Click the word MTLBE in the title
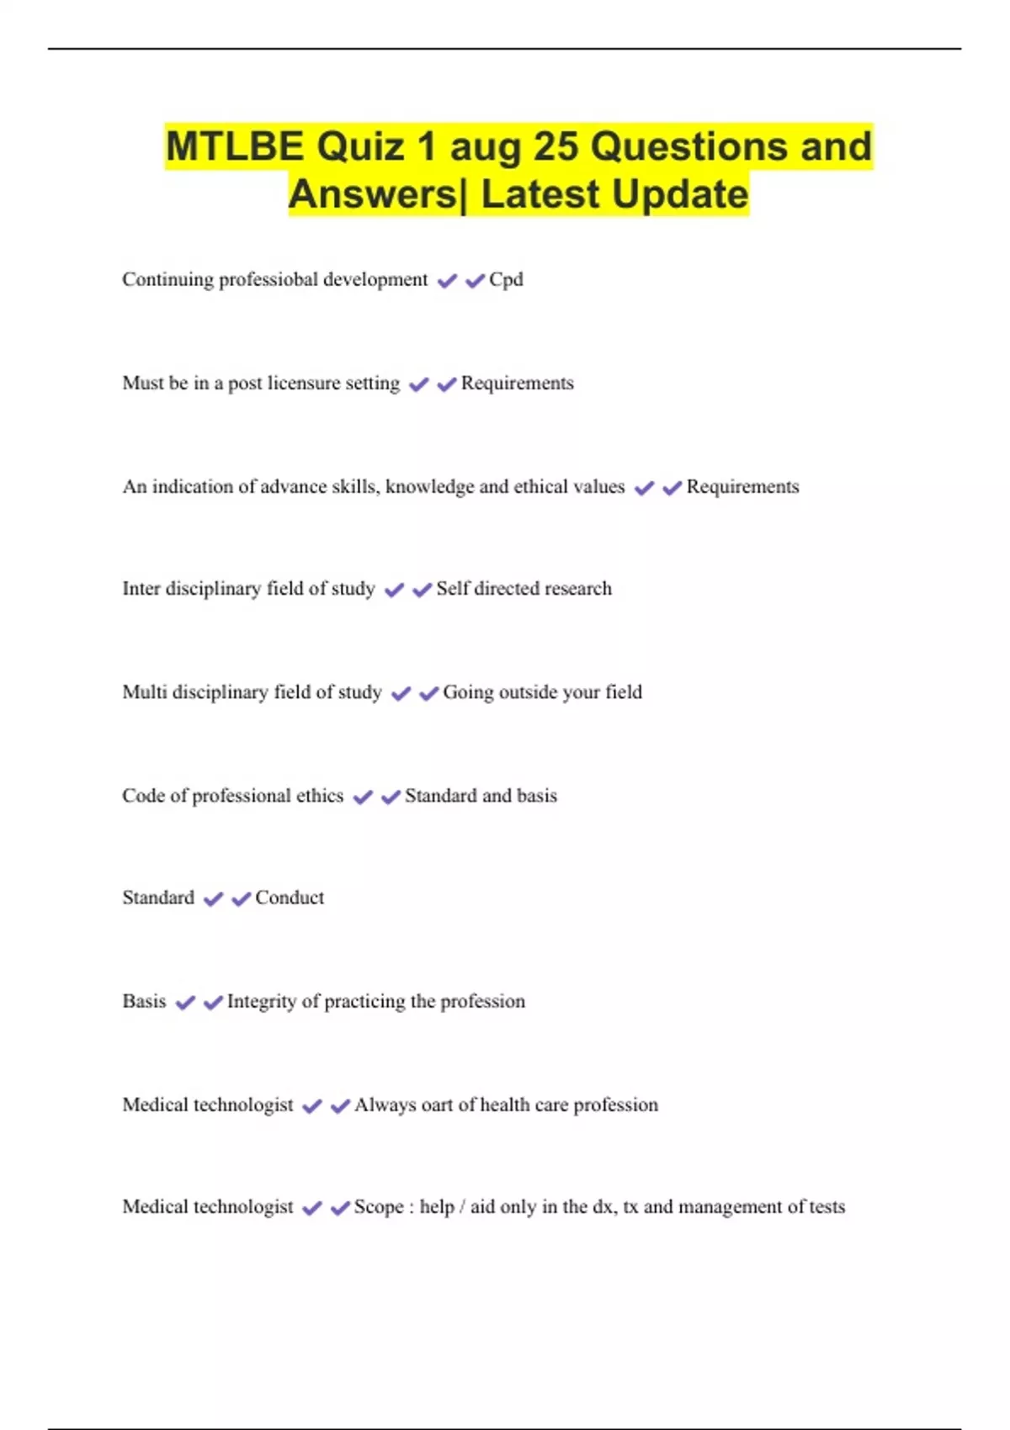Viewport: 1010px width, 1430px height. pos(235,146)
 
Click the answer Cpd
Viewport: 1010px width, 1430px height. pos(506,279)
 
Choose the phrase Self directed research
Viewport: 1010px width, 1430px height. pos(524,589)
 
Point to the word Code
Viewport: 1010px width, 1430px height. pos(143,796)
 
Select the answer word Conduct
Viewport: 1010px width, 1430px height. pos(290,898)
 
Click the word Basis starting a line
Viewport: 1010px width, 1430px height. pos(144,1002)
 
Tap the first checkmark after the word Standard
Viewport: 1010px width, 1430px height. pos(214,899)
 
